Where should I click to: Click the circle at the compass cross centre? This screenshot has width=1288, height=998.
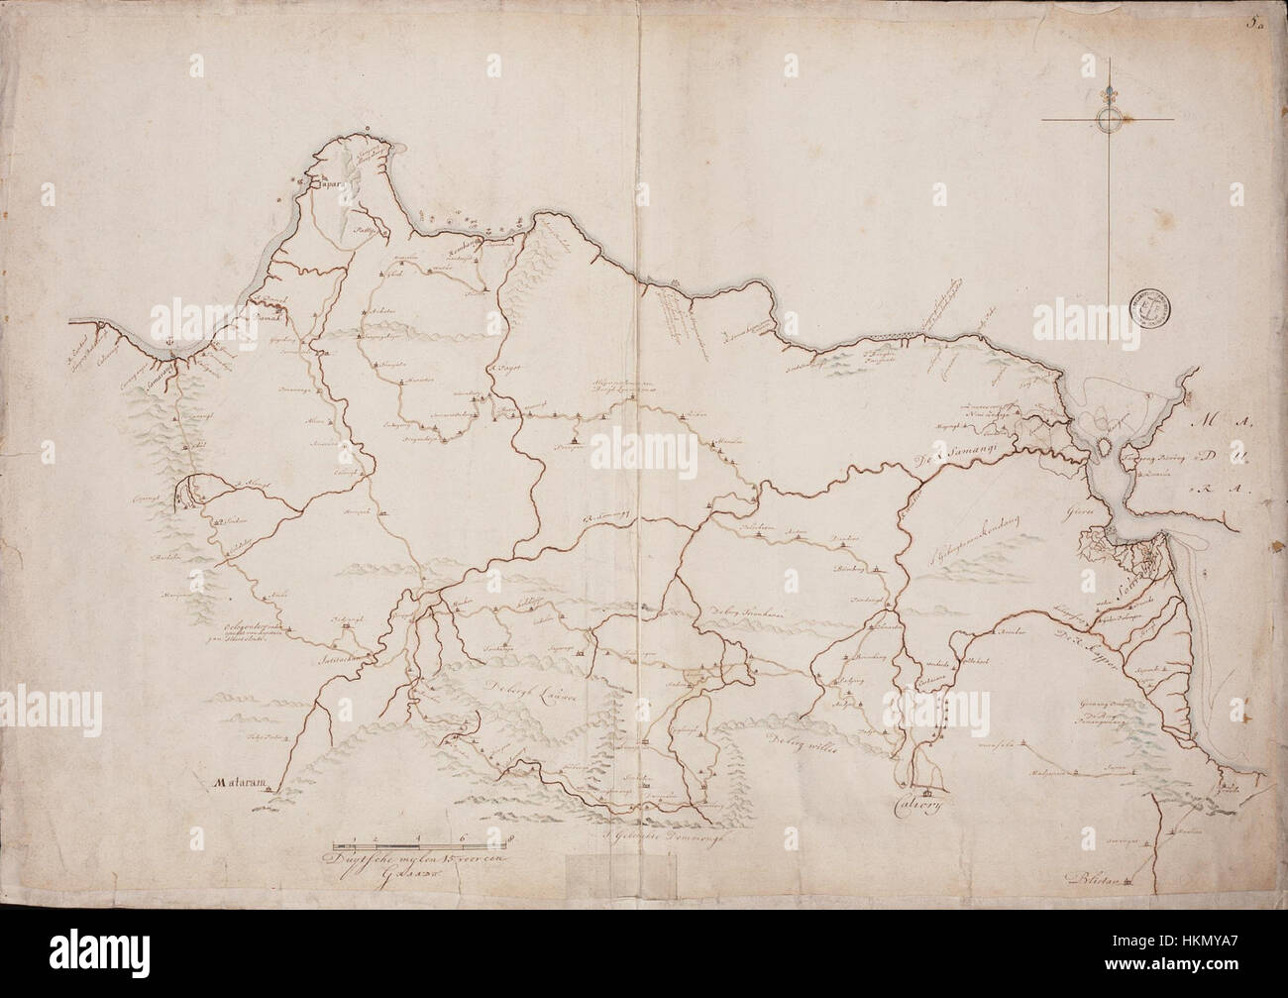(1108, 121)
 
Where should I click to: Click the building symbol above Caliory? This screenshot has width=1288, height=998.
(928, 791)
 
